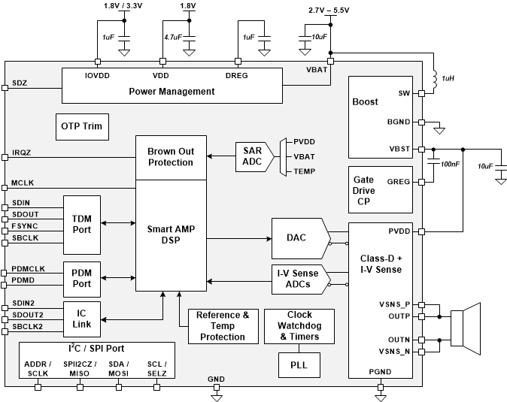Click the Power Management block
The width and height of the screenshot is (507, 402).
pyautogui.click(x=172, y=92)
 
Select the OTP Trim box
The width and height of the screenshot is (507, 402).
pyautogui.click(x=81, y=126)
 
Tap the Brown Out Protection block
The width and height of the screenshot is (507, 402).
pyautogui.click(x=170, y=157)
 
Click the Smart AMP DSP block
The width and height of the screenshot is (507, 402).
pyautogui.click(x=170, y=236)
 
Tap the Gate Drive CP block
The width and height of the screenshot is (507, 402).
pyautogui.click(x=381, y=190)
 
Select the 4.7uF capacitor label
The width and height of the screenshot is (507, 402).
pyautogui.click(x=172, y=36)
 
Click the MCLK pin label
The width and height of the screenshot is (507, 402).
pyautogui.click(x=22, y=183)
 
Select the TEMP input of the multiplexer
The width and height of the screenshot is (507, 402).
pyautogui.click(x=305, y=171)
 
